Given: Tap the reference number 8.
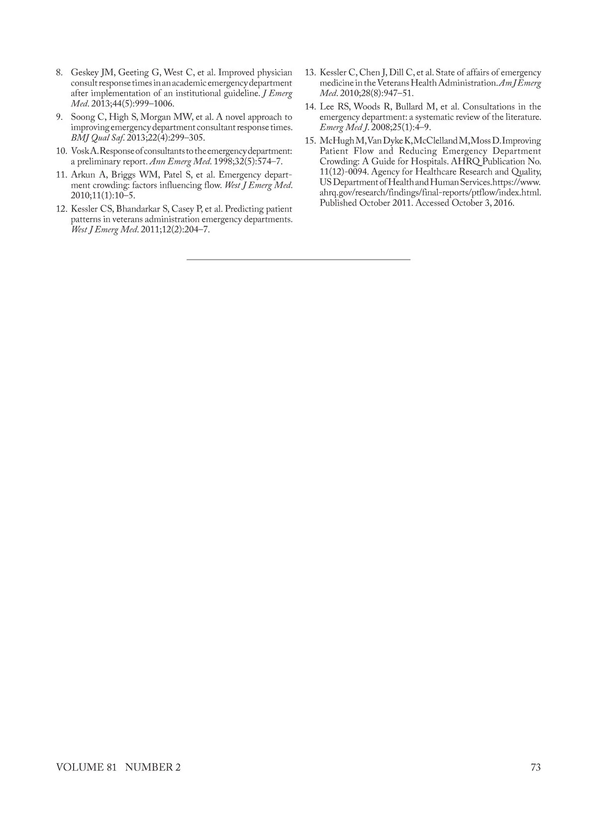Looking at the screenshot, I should (59, 73).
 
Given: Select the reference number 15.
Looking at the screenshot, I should (310, 141).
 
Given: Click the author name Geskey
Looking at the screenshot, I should (85, 73).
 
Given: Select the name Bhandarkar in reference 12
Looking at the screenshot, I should (138, 209).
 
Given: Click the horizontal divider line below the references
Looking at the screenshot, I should (298, 259).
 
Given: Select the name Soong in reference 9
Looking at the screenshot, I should (83, 117).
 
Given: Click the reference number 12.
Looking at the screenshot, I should (62, 209).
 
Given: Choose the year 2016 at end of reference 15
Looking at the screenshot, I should (503, 203).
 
